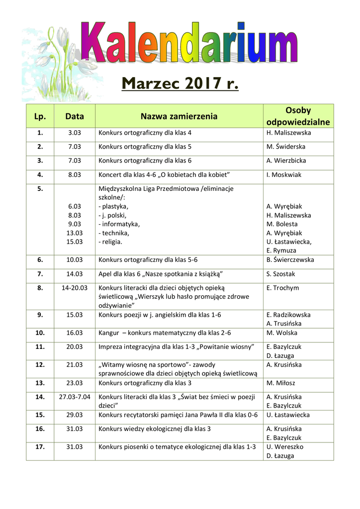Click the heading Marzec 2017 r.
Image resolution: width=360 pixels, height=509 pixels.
point(180,85)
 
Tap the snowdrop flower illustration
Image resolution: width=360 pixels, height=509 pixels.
point(55,60)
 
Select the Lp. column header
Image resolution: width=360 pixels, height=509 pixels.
point(40,116)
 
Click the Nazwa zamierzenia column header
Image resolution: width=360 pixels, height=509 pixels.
point(179,116)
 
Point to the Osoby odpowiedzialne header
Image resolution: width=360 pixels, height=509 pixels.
point(298,116)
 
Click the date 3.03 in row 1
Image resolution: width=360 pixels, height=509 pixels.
point(75,133)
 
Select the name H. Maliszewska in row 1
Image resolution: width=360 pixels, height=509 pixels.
point(288,133)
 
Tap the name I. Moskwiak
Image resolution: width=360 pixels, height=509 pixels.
point(284,175)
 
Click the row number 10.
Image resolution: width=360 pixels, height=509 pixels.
point(40,333)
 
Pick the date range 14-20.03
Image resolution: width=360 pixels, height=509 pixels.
point(75,288)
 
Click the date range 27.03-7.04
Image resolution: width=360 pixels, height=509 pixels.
point(75,397)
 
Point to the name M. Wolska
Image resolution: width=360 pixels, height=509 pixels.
point(281,333)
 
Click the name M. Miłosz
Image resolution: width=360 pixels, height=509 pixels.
point(281,383)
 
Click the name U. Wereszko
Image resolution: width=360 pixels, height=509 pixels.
point(285,447)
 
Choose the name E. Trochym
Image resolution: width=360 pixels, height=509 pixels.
point(283,288)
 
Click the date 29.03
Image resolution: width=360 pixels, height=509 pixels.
point(75,415)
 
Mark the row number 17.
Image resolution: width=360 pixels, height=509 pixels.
point(40,447)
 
